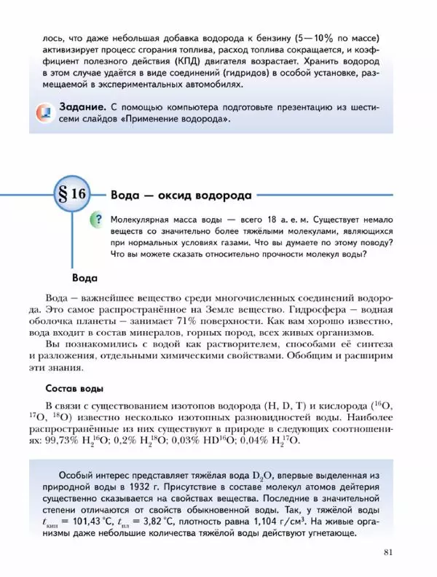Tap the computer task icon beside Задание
click(44, 113)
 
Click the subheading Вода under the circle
click(85, 277)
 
